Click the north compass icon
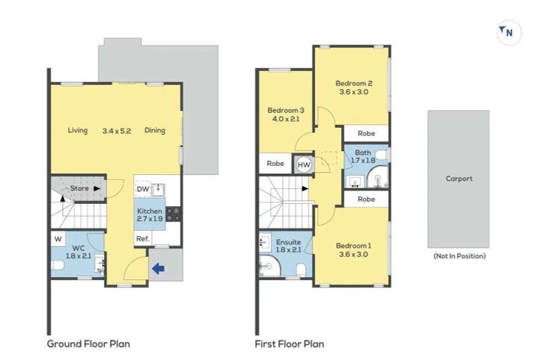point(509,32)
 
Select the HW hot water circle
point(304,165)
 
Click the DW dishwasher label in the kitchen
point(143,189)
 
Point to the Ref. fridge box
point(143,239)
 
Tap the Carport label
point(458,179)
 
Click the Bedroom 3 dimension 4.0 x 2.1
point(285,120)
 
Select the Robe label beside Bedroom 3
point(276,164)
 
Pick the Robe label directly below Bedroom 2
point(366,133)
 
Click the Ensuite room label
point(289,242)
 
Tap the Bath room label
point(363,153)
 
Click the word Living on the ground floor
point(77,130)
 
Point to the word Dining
point(155,130)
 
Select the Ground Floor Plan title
point(89,344)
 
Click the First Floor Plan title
point(289,344)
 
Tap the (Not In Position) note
point(458,256)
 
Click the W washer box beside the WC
point(57,238)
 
